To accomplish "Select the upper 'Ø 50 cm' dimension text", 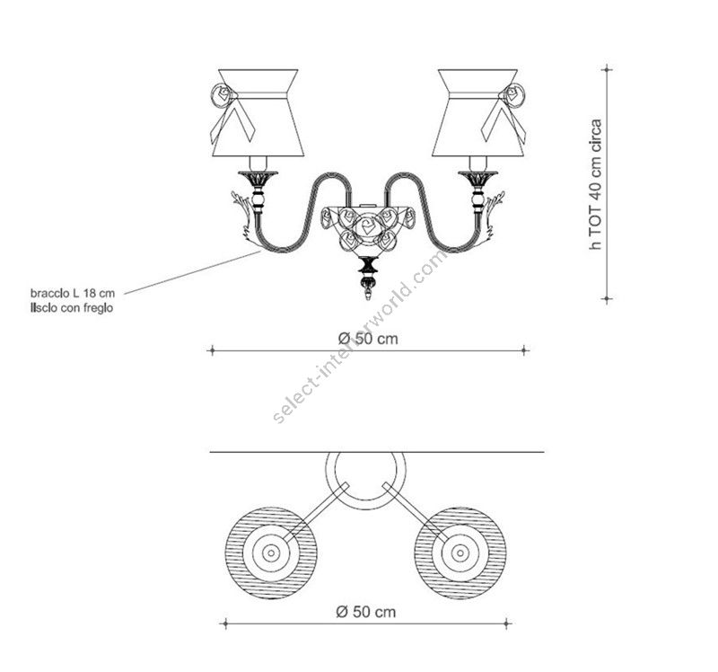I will [x=368, y=339].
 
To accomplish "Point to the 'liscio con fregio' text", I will [x=71, y=307].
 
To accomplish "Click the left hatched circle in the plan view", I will [x=270, y=553].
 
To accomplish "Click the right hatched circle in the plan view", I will [x=460, y=553].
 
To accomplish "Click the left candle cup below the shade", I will [x=258, y=177].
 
